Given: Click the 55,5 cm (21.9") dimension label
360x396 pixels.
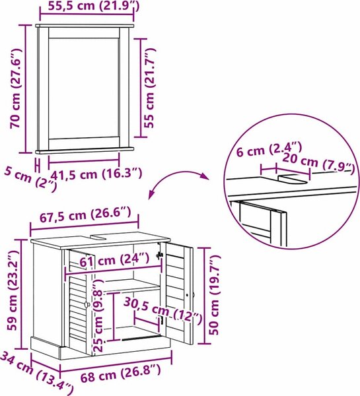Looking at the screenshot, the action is [94, 6].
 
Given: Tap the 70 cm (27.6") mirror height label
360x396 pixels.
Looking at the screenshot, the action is [16, 88].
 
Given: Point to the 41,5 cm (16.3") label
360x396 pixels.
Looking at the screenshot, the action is [96, 174].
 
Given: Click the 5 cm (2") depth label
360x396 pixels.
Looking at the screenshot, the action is [30, 180].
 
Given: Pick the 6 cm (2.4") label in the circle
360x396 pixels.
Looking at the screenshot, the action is [269, 150].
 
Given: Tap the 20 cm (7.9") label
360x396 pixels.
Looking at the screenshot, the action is [318, 164].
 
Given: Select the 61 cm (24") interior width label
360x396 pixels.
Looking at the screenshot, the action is [114, 259].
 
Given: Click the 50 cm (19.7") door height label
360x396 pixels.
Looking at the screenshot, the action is [215, 295].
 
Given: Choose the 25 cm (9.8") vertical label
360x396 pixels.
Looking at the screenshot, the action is [98, 315].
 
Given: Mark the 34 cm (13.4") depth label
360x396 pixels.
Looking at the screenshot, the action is [36, 374].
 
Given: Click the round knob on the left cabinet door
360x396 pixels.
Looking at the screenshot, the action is [87, 305].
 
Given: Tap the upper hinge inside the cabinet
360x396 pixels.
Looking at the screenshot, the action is [159, 255].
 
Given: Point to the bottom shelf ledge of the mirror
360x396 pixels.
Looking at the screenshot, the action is [85, 150].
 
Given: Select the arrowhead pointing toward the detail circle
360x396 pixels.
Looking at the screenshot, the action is [203, 176].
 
